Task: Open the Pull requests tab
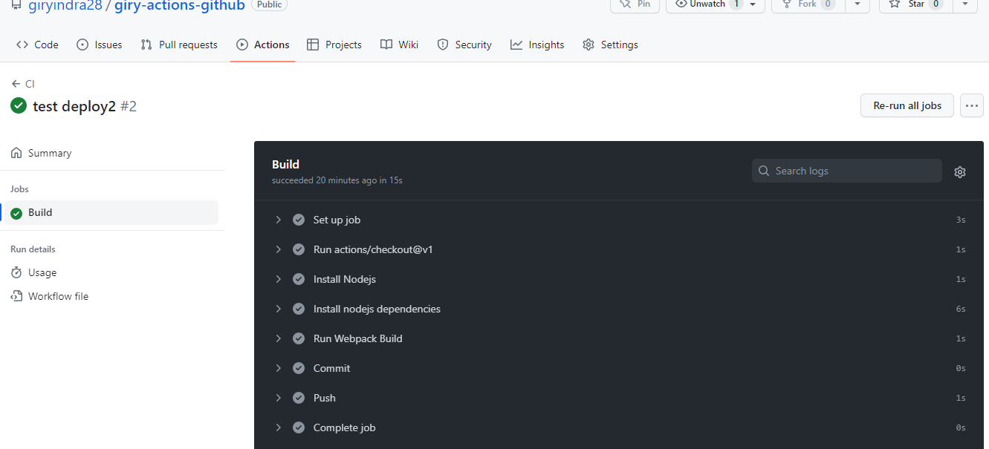click(x=179, y=45)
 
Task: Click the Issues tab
click(x=100, y=45)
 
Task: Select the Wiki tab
click(x=400, y=45)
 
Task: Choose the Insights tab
click(x=537, y=45)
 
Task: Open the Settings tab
click(x=610, y=45)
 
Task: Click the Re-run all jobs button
click(x=907, y=105)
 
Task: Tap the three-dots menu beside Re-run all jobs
click(x=971, y=105)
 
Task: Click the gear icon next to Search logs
click(x=959, y=171)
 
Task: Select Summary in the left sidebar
click(x=49, y=153)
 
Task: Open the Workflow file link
click(x=58, y=296)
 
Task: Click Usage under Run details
click(x=42, y=272)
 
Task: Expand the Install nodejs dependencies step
click(x=279, y=309)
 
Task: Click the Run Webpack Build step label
click(x=357, y=338)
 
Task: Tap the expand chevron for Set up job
click(x=279, y=220)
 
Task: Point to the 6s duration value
click(x=961, y=309)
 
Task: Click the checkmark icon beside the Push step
click(x=299, y=398)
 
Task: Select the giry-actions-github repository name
click(x=179, y=5)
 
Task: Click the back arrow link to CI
click(x=23, y=84)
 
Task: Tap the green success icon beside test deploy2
click(x=19, y=106)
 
